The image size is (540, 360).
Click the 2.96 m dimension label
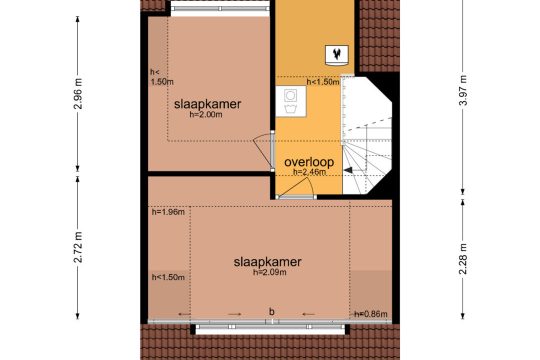tap(79, 94)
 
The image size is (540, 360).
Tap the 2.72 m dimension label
tap(79, 247)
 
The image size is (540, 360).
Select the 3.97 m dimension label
tap(464, 90)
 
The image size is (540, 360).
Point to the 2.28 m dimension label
tap(464, 259)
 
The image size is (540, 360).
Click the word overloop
tap(309, 162)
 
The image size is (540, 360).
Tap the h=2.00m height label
tap(206, 115)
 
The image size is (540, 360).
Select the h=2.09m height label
tap(270, 272)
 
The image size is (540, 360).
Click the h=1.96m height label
tap(168, 212)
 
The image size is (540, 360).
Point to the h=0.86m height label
tap(371, 314)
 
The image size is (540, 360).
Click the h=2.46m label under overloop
tap(309, 172)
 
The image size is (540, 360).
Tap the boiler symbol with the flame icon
tap(337, 55)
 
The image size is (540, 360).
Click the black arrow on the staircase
tap(348, 170)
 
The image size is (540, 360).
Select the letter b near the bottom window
tap(272, 312)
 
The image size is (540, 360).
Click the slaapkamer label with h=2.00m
tap(207, 104)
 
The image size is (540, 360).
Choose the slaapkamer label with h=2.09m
tap(268, 262)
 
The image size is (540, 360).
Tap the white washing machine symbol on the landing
tap(291, 101)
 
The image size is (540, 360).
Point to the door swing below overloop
tap(297, 187)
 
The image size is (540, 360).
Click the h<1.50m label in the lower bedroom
tap(168, 277)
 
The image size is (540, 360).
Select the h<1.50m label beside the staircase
tap(323, 82)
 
